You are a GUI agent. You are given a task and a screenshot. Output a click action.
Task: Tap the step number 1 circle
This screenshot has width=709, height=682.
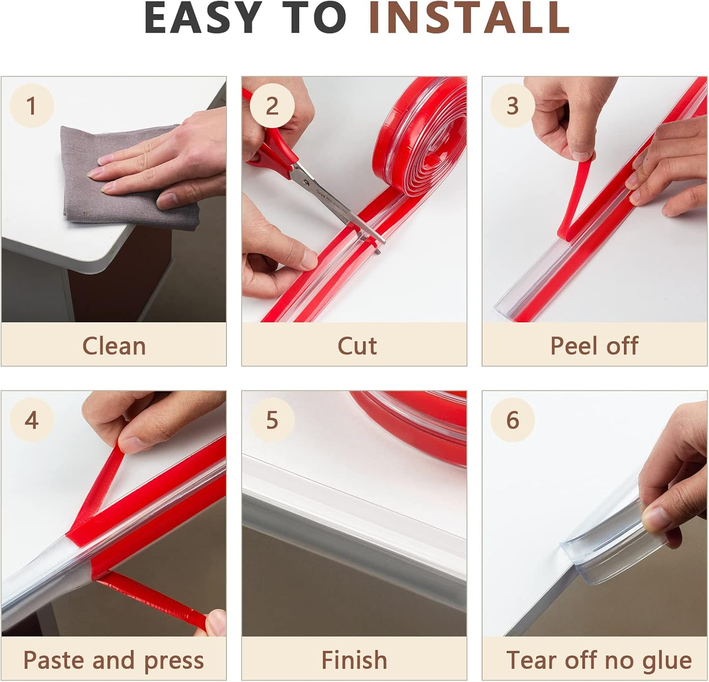coord(32,105)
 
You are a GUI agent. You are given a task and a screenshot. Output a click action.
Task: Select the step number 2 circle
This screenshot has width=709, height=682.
coord(272,105)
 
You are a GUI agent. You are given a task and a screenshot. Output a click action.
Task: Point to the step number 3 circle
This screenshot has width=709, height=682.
coord(512,105)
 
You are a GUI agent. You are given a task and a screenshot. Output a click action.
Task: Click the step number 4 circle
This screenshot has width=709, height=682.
coord(32,420)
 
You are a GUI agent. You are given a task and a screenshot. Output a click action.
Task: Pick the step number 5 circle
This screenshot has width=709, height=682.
coord(272,420)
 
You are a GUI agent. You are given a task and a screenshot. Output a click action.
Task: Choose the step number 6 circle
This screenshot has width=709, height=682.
coord(512,420)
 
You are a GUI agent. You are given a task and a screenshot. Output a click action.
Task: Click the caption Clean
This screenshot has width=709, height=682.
coord(114,345)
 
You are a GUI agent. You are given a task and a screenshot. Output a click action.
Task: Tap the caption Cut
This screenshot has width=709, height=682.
coord(357,345)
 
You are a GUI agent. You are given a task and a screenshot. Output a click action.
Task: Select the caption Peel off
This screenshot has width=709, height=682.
coord(594,345)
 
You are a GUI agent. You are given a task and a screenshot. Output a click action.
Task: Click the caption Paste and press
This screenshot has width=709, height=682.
coord(113,660)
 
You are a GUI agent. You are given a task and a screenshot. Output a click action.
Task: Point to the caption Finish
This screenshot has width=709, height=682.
coord(354,660)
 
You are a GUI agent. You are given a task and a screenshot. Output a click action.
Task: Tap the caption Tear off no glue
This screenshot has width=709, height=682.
coord(598,660)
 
